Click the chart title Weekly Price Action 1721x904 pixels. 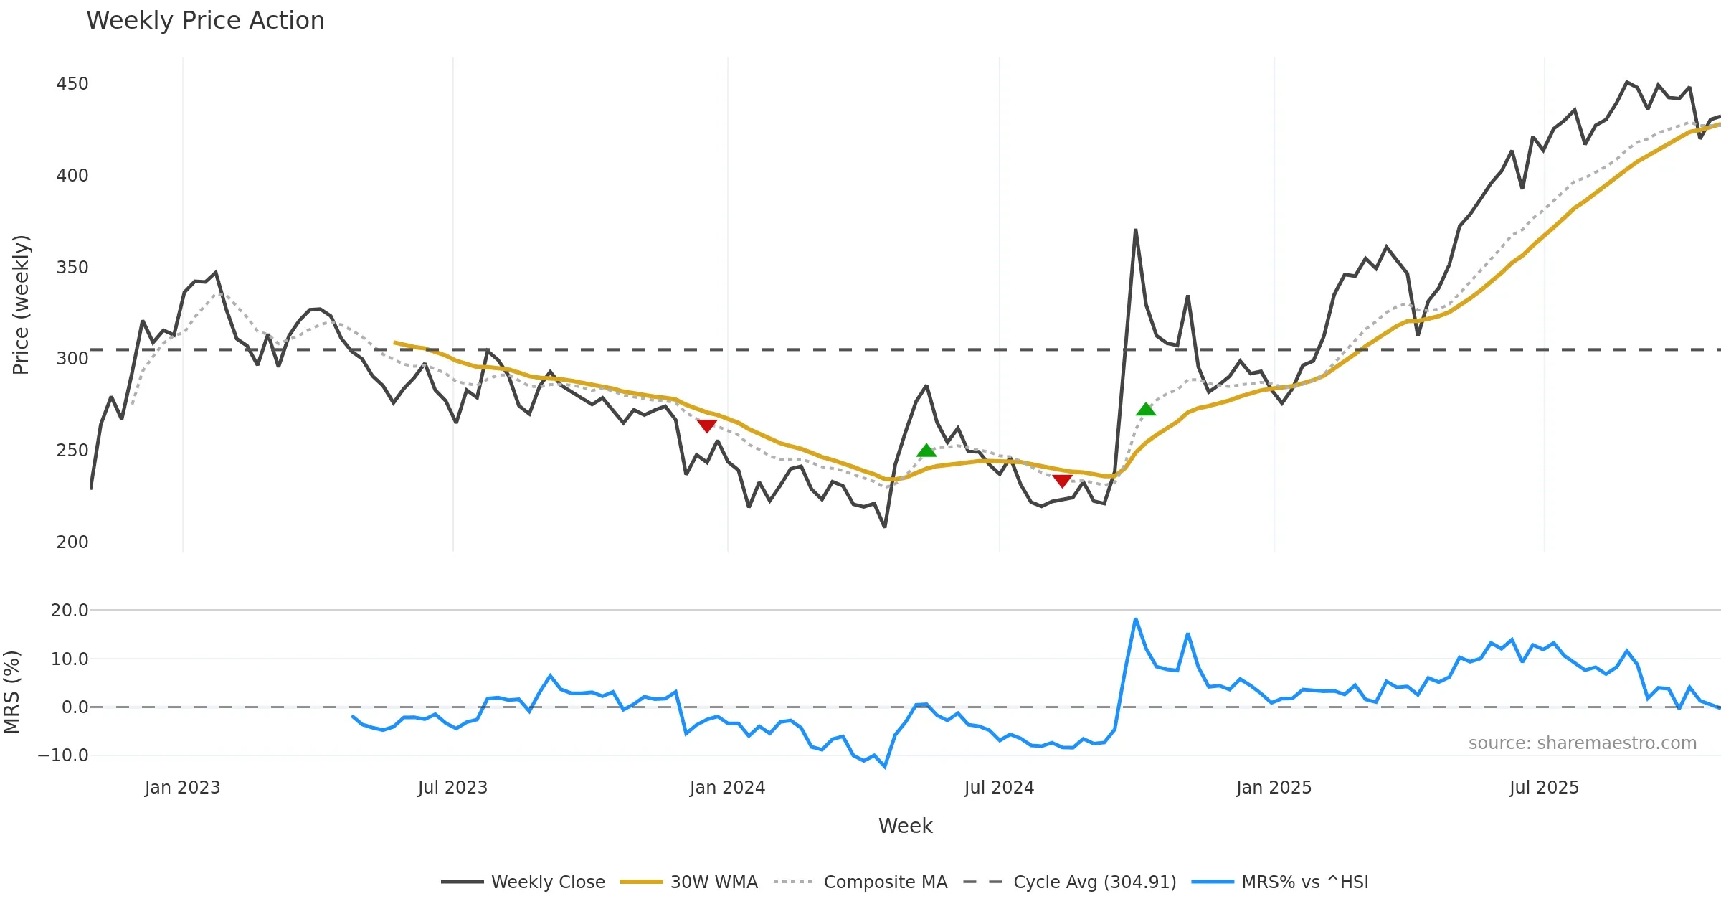pos(205,21)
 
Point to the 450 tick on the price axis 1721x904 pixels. pos(72,84)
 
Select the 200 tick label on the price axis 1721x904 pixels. pos(72,542)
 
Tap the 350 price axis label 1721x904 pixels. pos(72,268)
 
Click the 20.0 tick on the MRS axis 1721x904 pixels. pos(70,611)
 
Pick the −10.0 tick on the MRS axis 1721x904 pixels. pos(63,755)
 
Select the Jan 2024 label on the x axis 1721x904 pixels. pos(727,788)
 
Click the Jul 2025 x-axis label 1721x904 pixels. pos(1544,788)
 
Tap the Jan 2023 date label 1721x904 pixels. pos(182,788)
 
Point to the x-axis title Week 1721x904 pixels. pos(905,827)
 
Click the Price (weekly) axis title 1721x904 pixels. pos(22,305)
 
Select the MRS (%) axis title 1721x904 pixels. pos(11,692)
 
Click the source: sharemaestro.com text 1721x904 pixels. pos(1582,743)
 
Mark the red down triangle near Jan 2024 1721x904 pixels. pos(707,426)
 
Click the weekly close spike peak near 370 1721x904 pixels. pos(1136,230)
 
